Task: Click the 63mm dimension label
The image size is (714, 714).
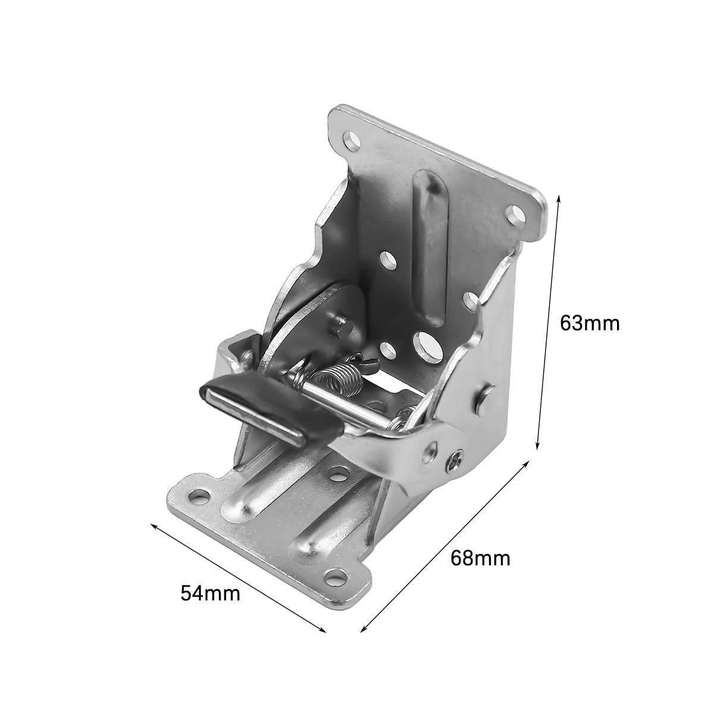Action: coord(590,322)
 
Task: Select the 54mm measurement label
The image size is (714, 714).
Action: coord(211,593)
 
